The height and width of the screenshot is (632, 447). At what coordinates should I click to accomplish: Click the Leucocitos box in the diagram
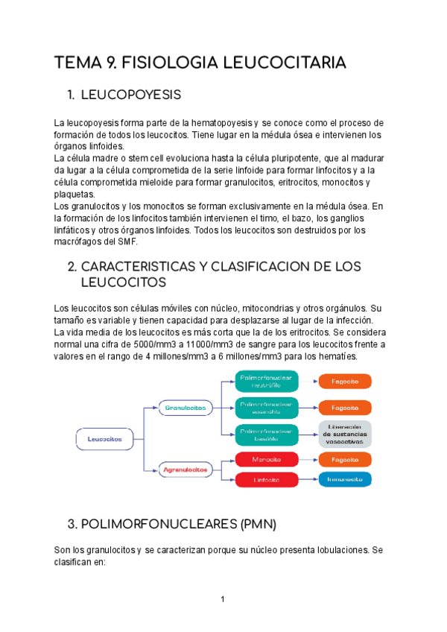click(105, 439)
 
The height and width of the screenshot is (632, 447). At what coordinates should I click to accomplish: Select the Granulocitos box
click(186, 408)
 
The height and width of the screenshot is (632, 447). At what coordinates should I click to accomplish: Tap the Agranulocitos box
click(186, 470)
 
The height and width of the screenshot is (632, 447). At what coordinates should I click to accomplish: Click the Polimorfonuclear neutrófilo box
click(266, 382)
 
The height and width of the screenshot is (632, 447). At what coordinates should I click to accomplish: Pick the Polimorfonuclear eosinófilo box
click(266, 407)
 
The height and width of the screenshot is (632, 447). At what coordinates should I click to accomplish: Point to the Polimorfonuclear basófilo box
click(266, 433)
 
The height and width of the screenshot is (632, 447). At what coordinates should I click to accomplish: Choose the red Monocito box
click(266, 460)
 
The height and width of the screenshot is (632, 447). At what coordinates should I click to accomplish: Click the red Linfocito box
click(266, 479)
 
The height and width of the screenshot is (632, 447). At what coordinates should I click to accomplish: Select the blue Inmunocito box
click(345, 479)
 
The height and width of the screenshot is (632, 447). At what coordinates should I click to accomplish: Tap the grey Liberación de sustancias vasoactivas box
click(345, 434)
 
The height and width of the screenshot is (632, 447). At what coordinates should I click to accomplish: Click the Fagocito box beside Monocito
click(345, 460)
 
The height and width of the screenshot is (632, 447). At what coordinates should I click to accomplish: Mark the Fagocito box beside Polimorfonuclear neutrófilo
click(345, 382)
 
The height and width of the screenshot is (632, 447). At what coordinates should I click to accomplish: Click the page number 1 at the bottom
click(223, 598)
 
